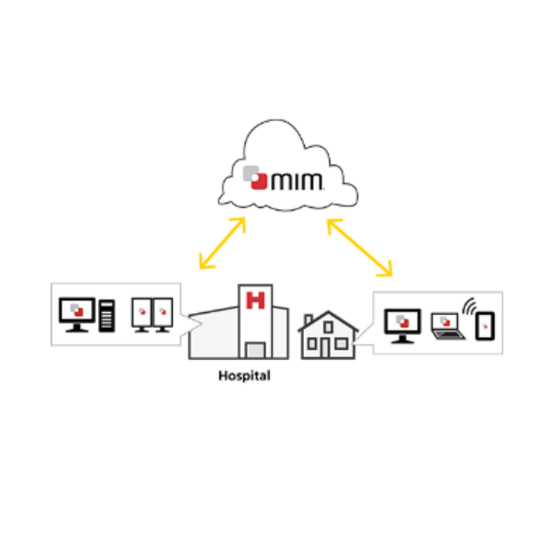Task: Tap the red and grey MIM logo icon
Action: (x=256, y=175)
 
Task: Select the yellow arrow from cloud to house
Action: (x=359, y=247)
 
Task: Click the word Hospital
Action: (x=244, y=376)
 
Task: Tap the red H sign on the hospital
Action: (x=255, y=298)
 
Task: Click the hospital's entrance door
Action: (x=255, y=349)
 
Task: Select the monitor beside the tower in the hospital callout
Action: (x=77, y=313)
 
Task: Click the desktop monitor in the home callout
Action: (x=401, y=322)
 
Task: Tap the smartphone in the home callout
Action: (x=486, y=324)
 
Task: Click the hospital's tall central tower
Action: (x=255, y=317)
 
